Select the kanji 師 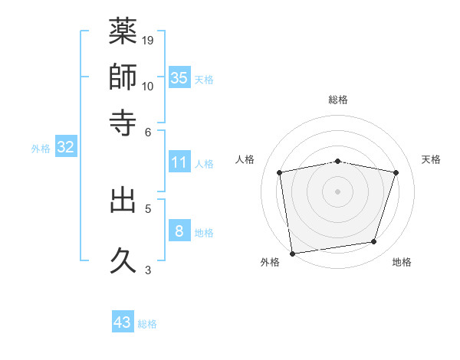point(123,77)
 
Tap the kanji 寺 point(123,121)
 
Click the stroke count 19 point(148,40)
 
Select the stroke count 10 point(148,86)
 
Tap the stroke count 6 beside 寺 point(148,131)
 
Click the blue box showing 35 point(179,77)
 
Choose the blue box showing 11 point(179,162)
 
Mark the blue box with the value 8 point(179,231)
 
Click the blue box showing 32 point(65,147)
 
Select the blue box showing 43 point(123,322)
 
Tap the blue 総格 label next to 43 point(147,324)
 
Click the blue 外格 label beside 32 point(41,149)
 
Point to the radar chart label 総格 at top point(338,100)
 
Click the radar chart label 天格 point(431,159)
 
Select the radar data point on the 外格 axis point(292,253)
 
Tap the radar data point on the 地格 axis point(374,242)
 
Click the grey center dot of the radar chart point(338,191)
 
